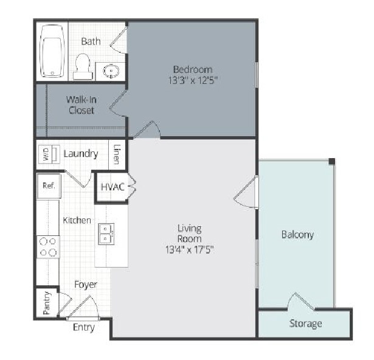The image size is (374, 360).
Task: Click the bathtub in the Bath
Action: (x=52, y=51)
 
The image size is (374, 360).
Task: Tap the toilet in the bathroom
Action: (x=82, y=66)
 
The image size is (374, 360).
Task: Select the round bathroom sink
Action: (x=111, y=71)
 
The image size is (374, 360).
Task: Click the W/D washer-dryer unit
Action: (x=49, y=154)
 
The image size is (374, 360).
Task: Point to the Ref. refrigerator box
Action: (x=49, y=185)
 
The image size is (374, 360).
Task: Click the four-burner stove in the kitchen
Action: (x=48, y=247)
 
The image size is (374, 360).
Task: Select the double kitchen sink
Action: (x=106, y=234)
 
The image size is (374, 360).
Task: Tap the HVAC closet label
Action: (x=113, y=187)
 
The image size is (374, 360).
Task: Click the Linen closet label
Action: (x=117, y=154)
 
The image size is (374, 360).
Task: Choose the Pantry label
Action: (x=47, y=303)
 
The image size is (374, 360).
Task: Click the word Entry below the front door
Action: (x=84, y=328)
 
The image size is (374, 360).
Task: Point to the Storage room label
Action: (x=305, y=324)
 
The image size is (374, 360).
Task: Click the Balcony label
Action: (x=297, y=235)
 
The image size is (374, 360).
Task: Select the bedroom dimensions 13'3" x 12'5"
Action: (x=193, y=80)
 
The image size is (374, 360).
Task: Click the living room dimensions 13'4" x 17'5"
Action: (x=190, y=250)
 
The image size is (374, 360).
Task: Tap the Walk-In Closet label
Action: (x=81, y=105)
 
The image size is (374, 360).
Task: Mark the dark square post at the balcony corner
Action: (x=332, y=161)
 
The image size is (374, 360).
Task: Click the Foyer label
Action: (x=86, y=285)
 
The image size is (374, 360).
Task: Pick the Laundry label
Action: (x=81, y=154)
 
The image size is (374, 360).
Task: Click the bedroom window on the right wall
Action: (x=257, y=75)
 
